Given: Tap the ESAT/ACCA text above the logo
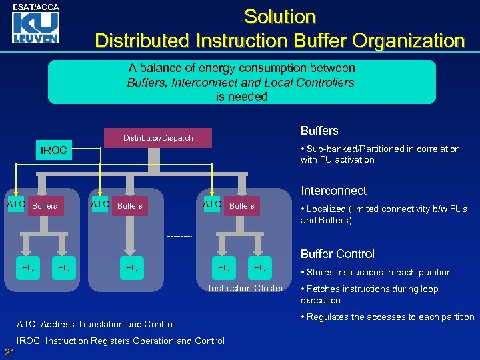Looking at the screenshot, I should tap(36, 7).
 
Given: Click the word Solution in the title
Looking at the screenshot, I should tap(279, 17).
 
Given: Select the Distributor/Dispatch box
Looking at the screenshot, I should tap(158, 138).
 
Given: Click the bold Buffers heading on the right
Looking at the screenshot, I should tap(319, 131).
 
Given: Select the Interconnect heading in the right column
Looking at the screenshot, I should tap(333, 191).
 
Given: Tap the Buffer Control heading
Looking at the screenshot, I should tap(337, 254).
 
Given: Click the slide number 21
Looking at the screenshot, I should tap(9, 351).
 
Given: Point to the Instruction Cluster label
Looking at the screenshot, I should tap(245, 288).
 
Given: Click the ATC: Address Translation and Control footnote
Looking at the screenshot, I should tap(95, 325).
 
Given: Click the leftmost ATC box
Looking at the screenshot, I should tap(15, 204).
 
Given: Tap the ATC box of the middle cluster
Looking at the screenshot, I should tap(100, 204).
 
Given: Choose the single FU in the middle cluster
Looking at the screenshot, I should tap(132, 268).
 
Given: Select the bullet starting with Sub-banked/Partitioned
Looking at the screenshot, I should tap(380, 154).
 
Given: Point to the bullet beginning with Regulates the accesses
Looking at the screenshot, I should tap(387, 317).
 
